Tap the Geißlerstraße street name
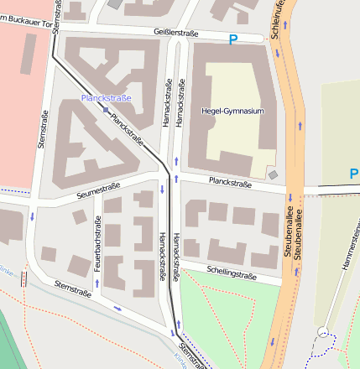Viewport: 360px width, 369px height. coord(176,34)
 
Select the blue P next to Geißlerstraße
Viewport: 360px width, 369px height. coord(233,39)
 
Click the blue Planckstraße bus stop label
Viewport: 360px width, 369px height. coord(106,98)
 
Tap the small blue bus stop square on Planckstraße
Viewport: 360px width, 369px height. coord(106,109)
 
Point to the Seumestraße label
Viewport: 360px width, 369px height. coord(98,190)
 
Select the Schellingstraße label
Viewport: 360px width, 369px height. coord(231,272)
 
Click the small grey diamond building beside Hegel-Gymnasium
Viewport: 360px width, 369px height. coord(273,174)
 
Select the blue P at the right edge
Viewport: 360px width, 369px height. coord(354,174)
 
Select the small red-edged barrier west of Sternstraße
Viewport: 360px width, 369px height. coord(23,277)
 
